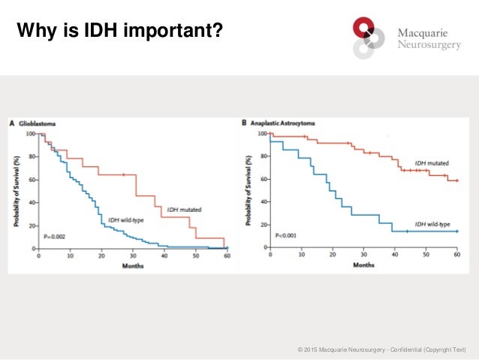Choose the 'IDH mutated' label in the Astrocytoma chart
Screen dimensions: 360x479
click(433, 162)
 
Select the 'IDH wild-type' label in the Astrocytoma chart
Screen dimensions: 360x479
click(435, 223)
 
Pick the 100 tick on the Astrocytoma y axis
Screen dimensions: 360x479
click(261, 134)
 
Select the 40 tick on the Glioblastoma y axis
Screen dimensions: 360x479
click(31, 203)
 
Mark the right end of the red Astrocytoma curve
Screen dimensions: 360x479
click(456, 181)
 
